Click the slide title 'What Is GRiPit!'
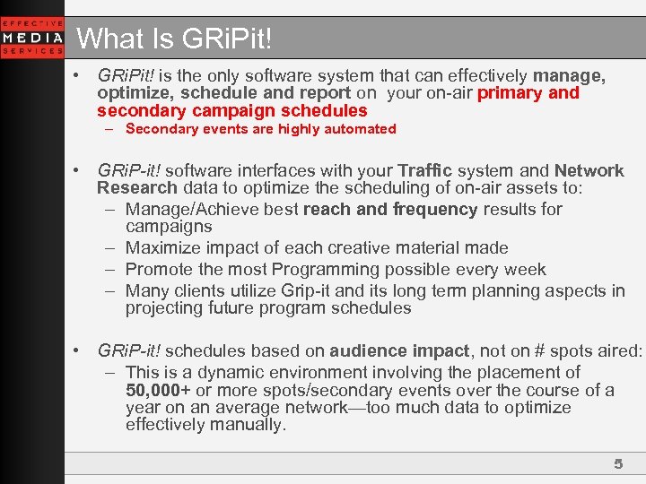(x=174, y=39)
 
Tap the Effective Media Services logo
(x=32, y=38)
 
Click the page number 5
(x=617, y=463)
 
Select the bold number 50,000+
(x=158, y=390)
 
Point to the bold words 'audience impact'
(x=399, y=351)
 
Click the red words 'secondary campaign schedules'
(x=232, y=111)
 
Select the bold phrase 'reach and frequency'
(x=390, y=210)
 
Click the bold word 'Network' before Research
(x=589, y=170)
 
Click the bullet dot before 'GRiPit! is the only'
(x=79, y=75)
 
